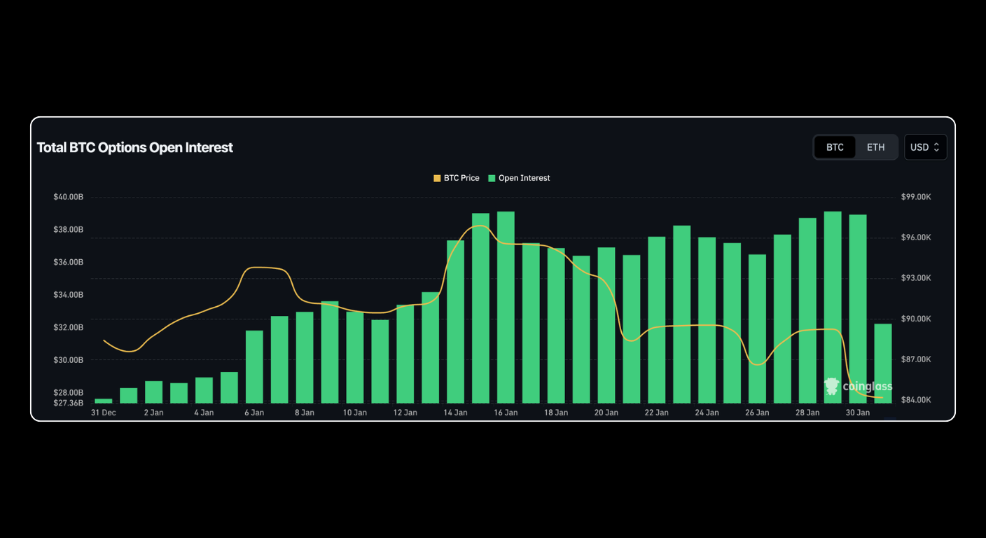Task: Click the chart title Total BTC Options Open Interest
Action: tap(134, 148)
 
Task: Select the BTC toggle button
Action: tap(835, 147)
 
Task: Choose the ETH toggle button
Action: tap(875, 147)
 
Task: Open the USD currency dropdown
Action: tap(925, 147)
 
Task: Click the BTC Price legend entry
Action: tap(457, 178)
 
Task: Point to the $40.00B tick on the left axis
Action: tap(68, 197)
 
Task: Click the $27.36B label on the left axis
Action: tap(68, 403)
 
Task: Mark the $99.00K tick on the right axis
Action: tap(916, 197)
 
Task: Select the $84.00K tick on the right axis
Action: tap(916, 400)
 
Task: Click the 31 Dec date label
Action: tap(104, 413)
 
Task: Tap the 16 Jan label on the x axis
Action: tap(506, 413)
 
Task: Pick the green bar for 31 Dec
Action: tap(104, 401)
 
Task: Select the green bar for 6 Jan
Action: tap(254, 366)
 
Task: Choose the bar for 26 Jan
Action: tap(757, 329)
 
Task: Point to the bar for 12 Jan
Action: tap(405, 354)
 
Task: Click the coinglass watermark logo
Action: tap(859, 386)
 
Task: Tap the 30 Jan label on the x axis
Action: tap(858, 413)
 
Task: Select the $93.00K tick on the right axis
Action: tap(916, 278)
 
